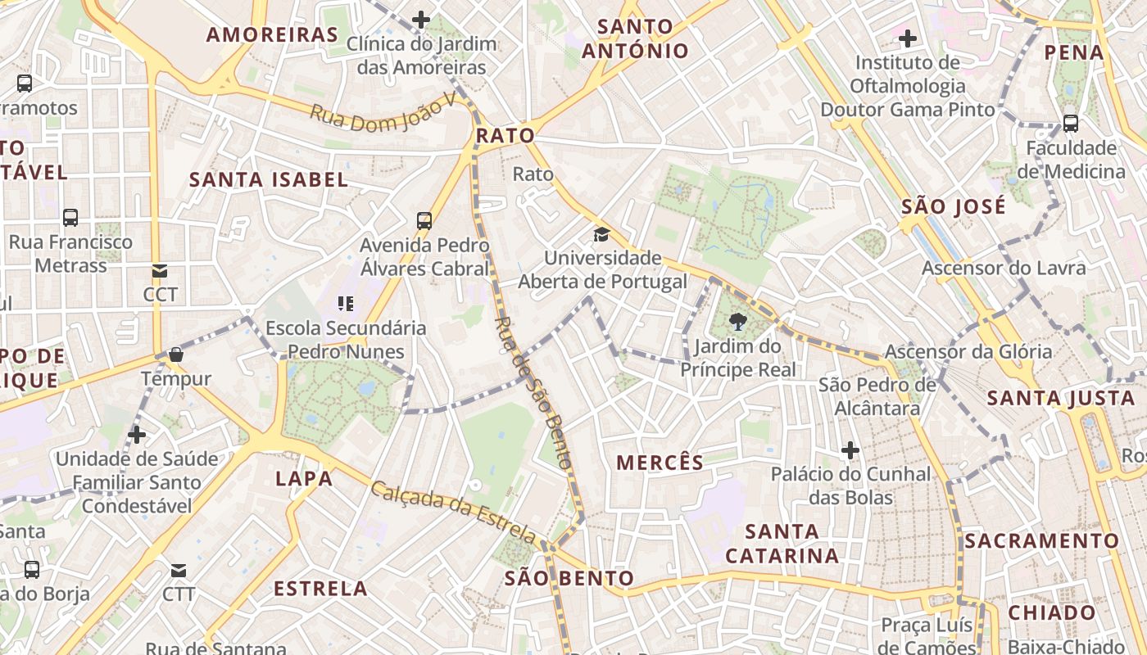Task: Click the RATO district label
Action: [x=505, y=135]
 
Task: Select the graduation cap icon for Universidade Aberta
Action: [x=602, y=235]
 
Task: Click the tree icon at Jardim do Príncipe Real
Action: [x=738, y=322]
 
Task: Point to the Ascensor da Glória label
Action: [x=968, y=352]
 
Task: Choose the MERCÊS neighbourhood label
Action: [x=660, y=463]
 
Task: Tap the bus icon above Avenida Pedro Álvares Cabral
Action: [x=424, y=220]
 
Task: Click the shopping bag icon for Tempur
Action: [x=175, y=355]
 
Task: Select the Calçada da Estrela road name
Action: [x=454, y=513]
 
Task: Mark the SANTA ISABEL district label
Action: [x=269, y=180]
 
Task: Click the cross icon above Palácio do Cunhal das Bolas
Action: [x=850, y=450]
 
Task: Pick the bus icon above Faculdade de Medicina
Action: [x=1070, y=124]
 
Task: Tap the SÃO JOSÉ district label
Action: [x=953, y=206]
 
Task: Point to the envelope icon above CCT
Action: [x=159, y=271]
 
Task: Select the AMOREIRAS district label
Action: [x=272, y=34]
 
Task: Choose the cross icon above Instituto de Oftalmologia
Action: [x=907, y=38]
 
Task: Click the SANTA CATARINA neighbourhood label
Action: [x=782, y=544]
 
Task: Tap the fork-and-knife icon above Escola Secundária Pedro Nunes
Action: [x=346, y=305]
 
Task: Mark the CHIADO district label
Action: [x=1051, y=612]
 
